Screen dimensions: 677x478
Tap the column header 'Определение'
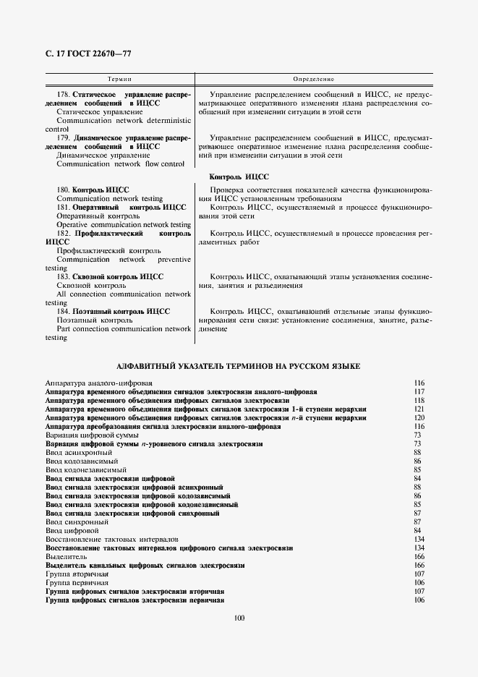pos(313,77)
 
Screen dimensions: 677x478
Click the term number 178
pos(63,95)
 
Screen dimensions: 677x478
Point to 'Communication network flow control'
pos(121,164)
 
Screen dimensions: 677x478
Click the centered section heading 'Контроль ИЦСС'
pos(239,176)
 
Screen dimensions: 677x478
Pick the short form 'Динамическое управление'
pos(103,155)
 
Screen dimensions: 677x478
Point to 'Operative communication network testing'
pos(124,225)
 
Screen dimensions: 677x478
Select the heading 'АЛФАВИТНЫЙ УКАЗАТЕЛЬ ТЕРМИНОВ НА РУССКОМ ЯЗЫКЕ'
pos(239,367)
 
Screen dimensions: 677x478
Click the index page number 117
pos(419,391)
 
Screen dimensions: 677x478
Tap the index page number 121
pos(419,409)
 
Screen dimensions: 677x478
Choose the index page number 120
pos(419,417)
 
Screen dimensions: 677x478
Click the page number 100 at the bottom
pos(239,617)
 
